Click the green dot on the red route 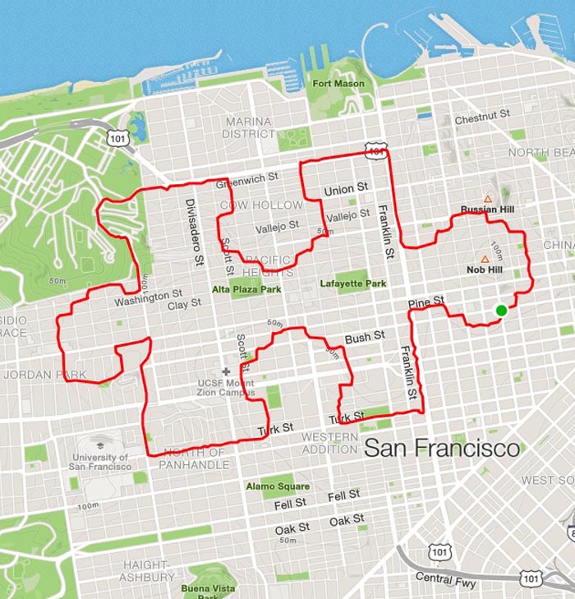click(501, 310)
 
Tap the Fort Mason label click(337, 84)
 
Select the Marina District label click(249, 127)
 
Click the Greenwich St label click(247, 177)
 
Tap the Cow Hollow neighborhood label click(261, 205)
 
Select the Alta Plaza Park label click(246, 290)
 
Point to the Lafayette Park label click(352, 284)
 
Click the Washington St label click(148, 295)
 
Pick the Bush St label click(365, 337)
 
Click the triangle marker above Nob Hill click(485, 259)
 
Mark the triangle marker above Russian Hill click(487, 199)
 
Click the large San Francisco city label click(441, 449)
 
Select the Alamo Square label click(278, 486)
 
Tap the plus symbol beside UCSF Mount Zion click(226, 371)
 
